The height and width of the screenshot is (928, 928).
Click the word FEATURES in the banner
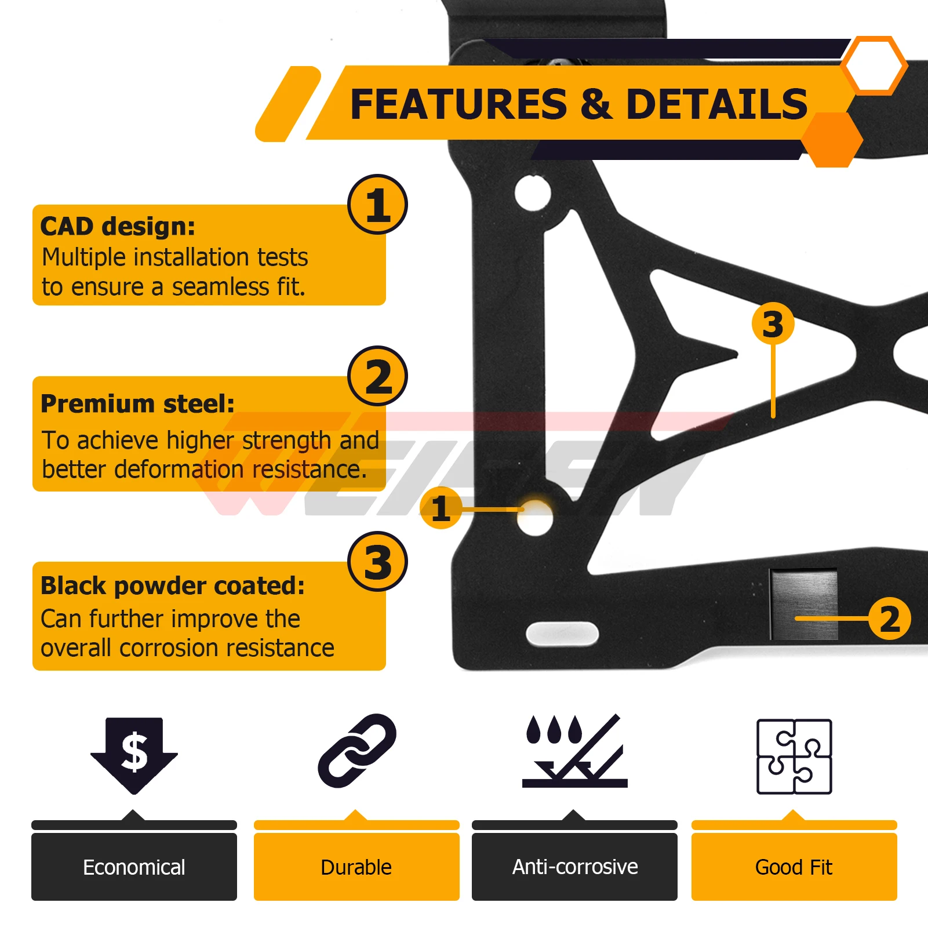[x=458, y=104]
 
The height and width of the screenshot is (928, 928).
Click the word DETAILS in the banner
[x=717, y=104]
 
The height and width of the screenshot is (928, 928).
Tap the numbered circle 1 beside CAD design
[x=378, y=205]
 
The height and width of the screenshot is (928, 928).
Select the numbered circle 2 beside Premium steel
[x=378, y=376]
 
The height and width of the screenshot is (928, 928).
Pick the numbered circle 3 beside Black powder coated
[x=378, y=562]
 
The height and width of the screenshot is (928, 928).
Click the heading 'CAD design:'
[x=118, y=226]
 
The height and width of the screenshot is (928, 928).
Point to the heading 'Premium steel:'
[x=137, y=403]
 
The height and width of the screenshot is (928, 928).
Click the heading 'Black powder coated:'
[x=172, y=585]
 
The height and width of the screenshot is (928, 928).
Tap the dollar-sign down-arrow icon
[x=134, y=755]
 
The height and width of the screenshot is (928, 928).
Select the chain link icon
[x=357, y=751]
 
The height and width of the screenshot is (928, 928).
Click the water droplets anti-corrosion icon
[x=574, y=751]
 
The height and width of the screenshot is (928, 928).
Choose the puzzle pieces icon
[x=794, y=756]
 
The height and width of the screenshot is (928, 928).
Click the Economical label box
[x=134, y=867]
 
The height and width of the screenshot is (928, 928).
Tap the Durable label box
[x=356, y=867]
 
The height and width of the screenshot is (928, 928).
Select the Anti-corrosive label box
[x=574, y=867]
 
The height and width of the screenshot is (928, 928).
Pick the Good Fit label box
[x=794, y=867]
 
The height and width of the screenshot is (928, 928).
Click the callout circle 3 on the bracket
[x=773, y=323]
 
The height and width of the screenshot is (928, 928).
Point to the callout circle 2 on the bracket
[x=890, y=618]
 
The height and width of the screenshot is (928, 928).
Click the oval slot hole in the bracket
[x=562, y=633]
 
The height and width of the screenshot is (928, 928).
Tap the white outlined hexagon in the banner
[x=874, y=65]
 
